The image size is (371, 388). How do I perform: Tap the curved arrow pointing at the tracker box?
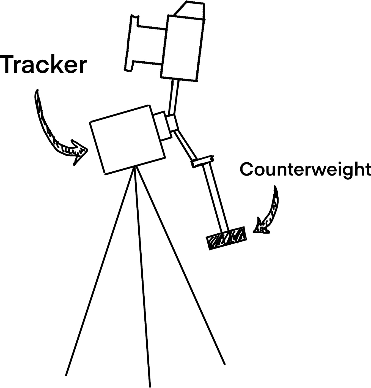55,132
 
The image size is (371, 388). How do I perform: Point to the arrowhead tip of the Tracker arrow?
86,150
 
